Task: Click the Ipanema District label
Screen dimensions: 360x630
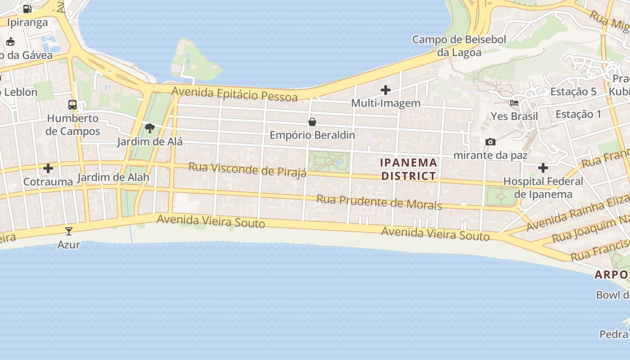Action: pyautogui.click(x=409, y=169)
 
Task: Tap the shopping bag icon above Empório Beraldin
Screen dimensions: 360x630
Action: pyautogui.click(x=312, y=122)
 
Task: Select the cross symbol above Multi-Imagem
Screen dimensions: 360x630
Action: pyautogui.click(x=386, y=90)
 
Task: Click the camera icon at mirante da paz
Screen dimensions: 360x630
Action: pyautogui.click(x=490, y=142)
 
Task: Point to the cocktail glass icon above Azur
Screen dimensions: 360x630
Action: pyautogui.click(x=69, y=231)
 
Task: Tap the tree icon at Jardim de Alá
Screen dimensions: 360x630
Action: pyautogui.click(x=150, y=129)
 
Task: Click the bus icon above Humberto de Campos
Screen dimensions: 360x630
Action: pyautogui.click(x=72, y=105)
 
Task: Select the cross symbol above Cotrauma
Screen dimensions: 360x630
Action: pyautogui.click(x=48, y=168)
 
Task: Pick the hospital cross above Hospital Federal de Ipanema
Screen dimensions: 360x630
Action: pyautogui.click(x=543, y=168)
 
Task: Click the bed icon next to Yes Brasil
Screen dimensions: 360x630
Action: pyautogui.click(x=514, y=103)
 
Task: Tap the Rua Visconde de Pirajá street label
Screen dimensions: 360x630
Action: pyautogui.click(x=247, y=170)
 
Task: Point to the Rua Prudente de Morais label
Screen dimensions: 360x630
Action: pyautogui.click(x=379, y=202)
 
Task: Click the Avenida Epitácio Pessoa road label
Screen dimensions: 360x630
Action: pyautogui.click(x=234, y=94)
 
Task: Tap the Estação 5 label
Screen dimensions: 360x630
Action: pyautogui.click(x=573, y=92)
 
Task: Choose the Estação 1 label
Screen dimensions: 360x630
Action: pyautogui.click(x=578, y=114)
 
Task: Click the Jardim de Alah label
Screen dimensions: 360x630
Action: pyautogui.click(x=113, y=177)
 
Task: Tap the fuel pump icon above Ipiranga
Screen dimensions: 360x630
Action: pyautogui.click(x=27, y=9)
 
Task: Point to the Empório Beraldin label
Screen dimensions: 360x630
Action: pyautogui.click(x=312, y=135)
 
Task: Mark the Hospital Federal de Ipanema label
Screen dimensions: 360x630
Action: pyautogui.click(x=543, y=188)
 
